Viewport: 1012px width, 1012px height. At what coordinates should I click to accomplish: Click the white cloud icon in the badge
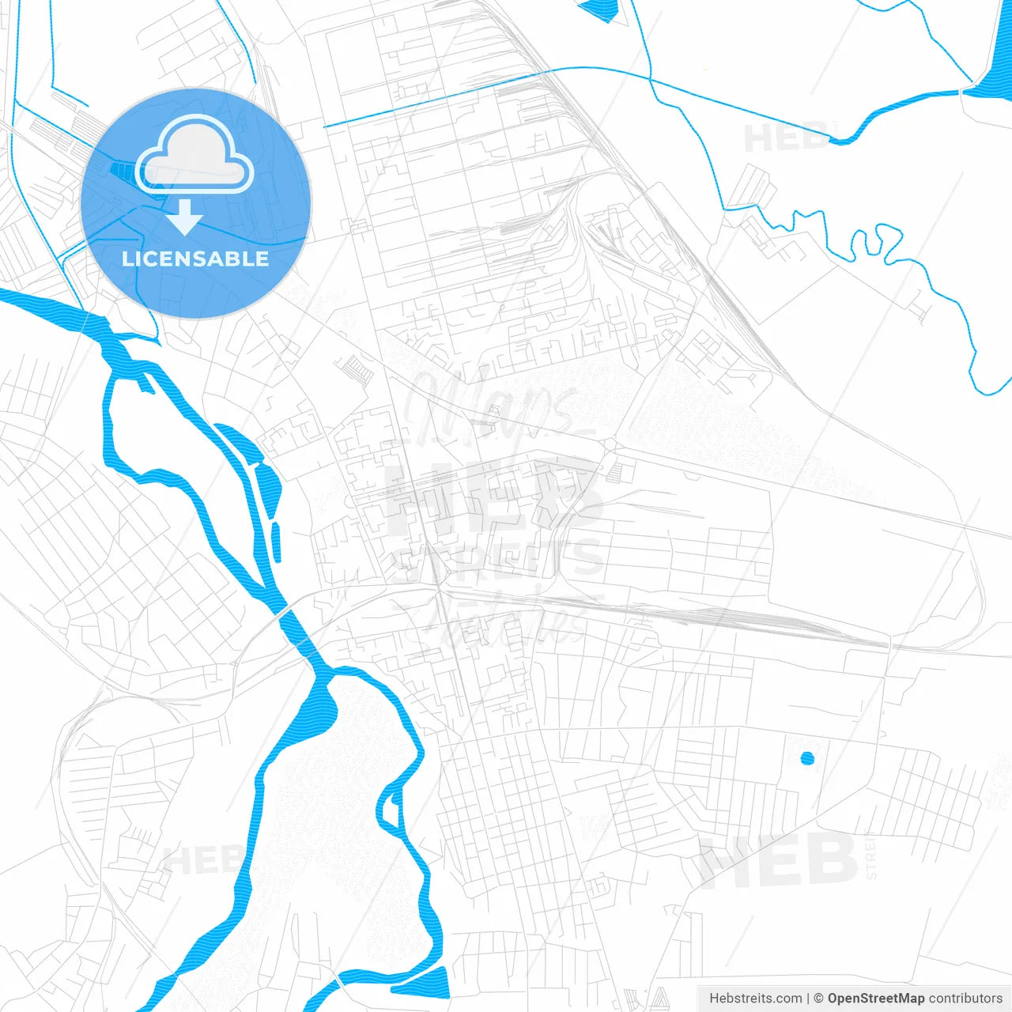(x=194, y=155)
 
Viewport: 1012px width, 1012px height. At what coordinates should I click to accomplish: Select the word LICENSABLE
(x=195, y=259)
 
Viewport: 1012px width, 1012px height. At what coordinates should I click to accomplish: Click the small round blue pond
(x=807, y=758)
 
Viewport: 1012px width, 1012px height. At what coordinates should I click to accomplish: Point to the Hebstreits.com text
(x=755, y=999)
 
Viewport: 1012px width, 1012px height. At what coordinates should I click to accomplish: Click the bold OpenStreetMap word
(x=875, y=999)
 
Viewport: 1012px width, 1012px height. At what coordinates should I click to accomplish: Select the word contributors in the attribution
(x=965, y=999)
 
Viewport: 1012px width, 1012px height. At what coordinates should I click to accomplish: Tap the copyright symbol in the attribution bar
(x=819, y=999)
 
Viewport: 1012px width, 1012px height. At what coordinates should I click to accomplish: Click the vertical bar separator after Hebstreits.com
(x=807, y=999)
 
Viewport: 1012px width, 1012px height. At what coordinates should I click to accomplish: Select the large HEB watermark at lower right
(x=778, y=859)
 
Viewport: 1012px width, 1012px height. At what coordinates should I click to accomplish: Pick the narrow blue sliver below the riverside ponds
(x=276, y=542)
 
